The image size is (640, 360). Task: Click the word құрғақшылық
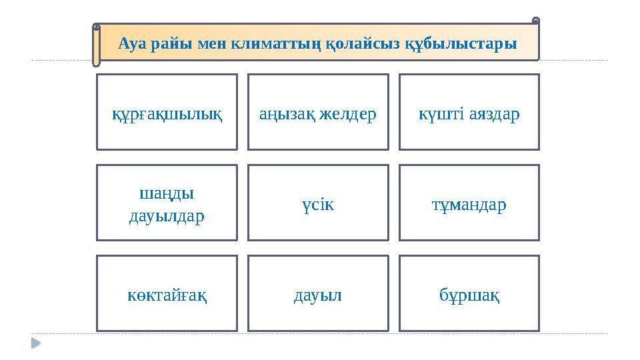pyautogui.click(x=167, y=114)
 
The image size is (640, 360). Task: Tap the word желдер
pyautogui.click(x=348, y=114)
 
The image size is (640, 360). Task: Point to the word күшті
pyautogui.click(x=437, y=114)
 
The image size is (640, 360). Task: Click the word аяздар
pyautogui.click(x=494, y=114)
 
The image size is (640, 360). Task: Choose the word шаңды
pyautogui.click(x=167, y=193)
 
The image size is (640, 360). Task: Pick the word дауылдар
pyautogui.click(x=167, y=216)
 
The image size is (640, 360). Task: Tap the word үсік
pyautogui.click(x=317, y=205)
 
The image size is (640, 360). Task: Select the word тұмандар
pyautogui.click(x=469, y=205)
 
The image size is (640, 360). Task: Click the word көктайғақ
pyautogui.click(x=167, y=295)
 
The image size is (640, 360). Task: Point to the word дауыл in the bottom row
pyautogui.click(x=317, y=295)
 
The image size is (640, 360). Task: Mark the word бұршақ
pyautogui.click(x=469, y=295)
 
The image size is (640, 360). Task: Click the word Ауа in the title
pyautogui.click(x=131, y=44)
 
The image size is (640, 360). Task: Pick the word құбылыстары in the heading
pyautogui.click(x=460, y=44)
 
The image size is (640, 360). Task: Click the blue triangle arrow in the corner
pyautogui.click(x=35, y=343)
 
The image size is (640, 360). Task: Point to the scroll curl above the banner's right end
pyautogui.click(x=536, y=21)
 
